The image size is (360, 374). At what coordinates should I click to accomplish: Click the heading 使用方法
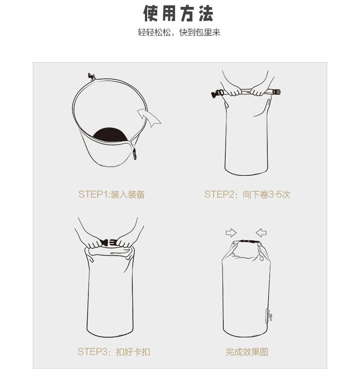pyautogui.click(x=179, y=14)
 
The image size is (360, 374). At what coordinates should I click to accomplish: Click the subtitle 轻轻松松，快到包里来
pyautogui.click(x=179, y=34)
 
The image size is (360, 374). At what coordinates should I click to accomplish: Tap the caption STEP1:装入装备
pyautogui.click(x=112, y=194)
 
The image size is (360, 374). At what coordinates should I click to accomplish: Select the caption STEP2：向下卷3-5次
pyautogui.click(x=247, y=194)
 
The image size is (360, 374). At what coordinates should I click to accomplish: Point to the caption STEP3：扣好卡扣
pyautogui.click(x=113, y=352)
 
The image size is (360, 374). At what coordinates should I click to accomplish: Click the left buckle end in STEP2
pyautogui.click(x=216, y=94)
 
